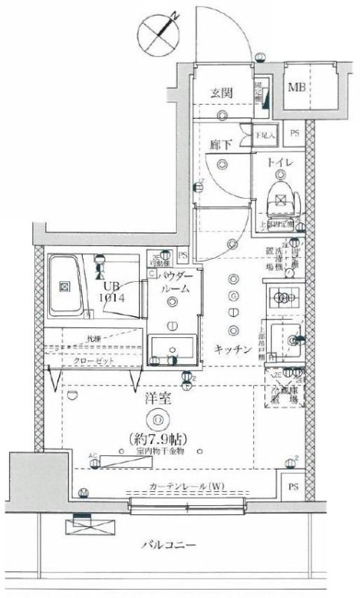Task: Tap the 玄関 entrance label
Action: pyautogui.click(x=221, y=93)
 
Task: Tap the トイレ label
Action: pyautogui.click(x=281, y=162)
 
